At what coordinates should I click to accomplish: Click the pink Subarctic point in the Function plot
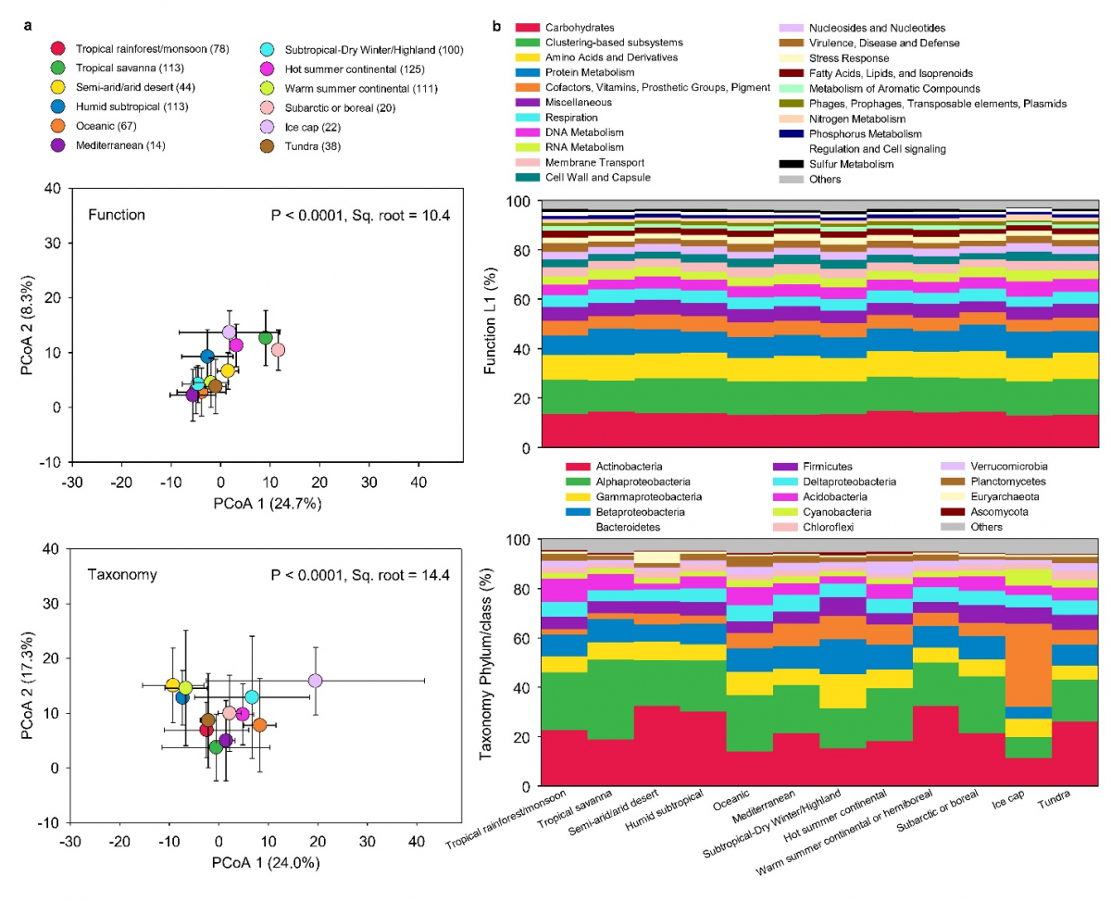tap(278, 350)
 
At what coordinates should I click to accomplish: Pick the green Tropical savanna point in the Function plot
tap(266, 338)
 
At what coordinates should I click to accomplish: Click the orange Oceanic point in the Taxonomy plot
tap(260, 724)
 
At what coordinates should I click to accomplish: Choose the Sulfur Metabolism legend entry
tap(851, 164)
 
